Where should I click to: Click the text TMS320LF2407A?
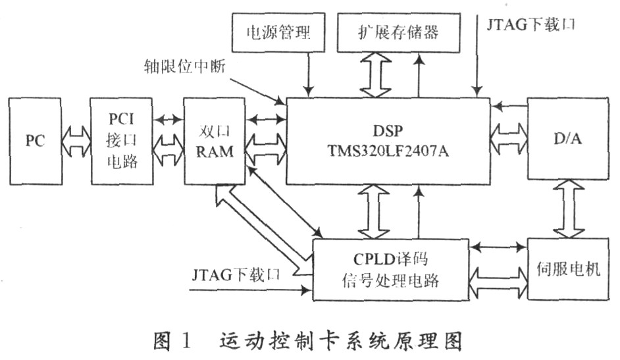[x=389, y=150]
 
